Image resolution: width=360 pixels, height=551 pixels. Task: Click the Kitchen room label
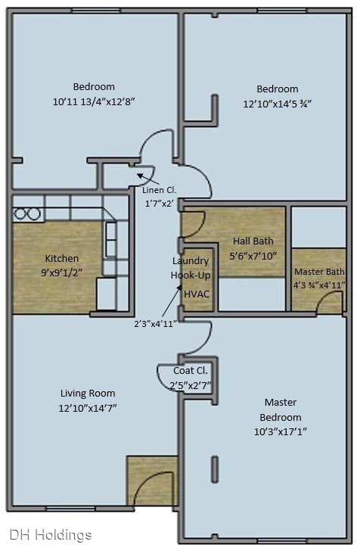coord(62,259)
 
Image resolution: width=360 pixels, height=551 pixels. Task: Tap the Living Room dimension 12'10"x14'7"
coord(88,409)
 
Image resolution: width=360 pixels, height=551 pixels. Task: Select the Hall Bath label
coord(253,241)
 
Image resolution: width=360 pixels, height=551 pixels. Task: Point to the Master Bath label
coord(319,272)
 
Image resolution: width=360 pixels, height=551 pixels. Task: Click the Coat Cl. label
coord(191,371)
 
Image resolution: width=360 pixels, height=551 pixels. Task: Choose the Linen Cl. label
coord(159,190)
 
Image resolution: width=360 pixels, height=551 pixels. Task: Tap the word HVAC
coord(197,294)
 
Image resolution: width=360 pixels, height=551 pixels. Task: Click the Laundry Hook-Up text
coord(191,268)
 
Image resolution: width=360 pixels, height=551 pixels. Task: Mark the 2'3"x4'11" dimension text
coord(155,324)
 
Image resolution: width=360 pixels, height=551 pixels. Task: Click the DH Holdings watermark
coord(51,535)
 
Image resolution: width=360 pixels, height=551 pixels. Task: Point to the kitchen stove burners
coord(27,214)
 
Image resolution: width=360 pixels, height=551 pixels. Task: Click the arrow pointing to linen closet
coord(148,179)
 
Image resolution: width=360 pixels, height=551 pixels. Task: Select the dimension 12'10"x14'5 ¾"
coord(278,104)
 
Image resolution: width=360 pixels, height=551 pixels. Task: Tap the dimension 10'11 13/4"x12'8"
coord(94,102)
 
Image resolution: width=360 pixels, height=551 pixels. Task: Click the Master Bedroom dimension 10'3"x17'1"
coord(281,431)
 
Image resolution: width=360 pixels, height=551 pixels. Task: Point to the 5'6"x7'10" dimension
coord(253,256)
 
